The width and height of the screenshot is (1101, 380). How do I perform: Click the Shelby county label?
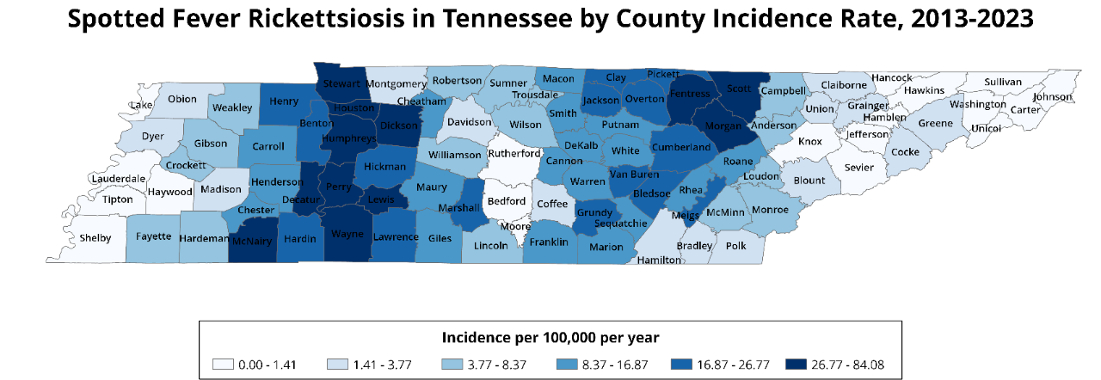point(95,237)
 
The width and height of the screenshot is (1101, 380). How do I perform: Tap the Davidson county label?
point(469,122)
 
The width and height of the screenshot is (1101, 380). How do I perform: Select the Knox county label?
point(810,141)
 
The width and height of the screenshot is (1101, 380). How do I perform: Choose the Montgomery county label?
point(397,83)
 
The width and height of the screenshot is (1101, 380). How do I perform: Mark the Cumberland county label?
point(681,147)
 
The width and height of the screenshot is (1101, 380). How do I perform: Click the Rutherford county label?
point(514,153)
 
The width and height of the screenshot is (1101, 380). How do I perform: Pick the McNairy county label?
point(252,242)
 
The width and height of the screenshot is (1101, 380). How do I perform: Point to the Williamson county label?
point(455,155)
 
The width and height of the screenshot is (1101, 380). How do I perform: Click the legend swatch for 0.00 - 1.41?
point(225,365)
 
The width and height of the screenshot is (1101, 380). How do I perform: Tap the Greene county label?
point(935,123)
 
